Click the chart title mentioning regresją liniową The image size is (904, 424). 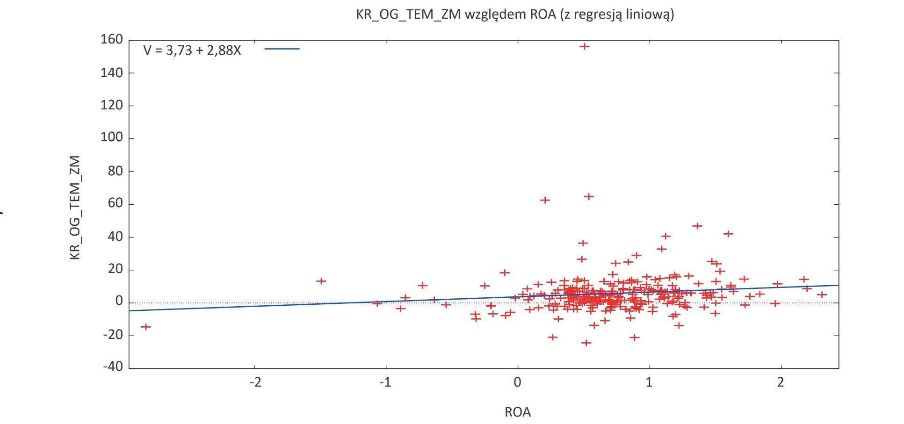click(515, 14)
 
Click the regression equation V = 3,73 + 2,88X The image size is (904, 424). click(192, 50)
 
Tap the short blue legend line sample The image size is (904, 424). click(282, 49)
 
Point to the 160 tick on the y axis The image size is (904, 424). click(112, 40)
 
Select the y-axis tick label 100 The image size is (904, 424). click(112, 137)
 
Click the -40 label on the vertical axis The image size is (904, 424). click(113, 367)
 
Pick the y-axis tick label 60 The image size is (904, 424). click(116, 203)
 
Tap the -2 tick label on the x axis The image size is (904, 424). click(255, 382)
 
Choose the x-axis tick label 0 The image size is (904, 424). click(517, 382)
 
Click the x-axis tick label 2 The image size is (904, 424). click(781, 382)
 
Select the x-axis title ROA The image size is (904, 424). click(518, 412)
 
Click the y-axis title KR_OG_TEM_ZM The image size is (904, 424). click(75, 208)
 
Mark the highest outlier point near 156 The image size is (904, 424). click(584, 46)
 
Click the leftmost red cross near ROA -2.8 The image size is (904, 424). click(146, 327)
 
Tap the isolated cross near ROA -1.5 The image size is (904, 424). click(321, 281)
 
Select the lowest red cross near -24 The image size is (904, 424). click(586, 343)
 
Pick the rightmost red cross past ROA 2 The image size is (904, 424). click(822, 295)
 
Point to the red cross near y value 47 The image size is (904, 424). click(697, 226)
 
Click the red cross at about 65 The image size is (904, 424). click(589, 197)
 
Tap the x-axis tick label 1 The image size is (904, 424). click(649, 382)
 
